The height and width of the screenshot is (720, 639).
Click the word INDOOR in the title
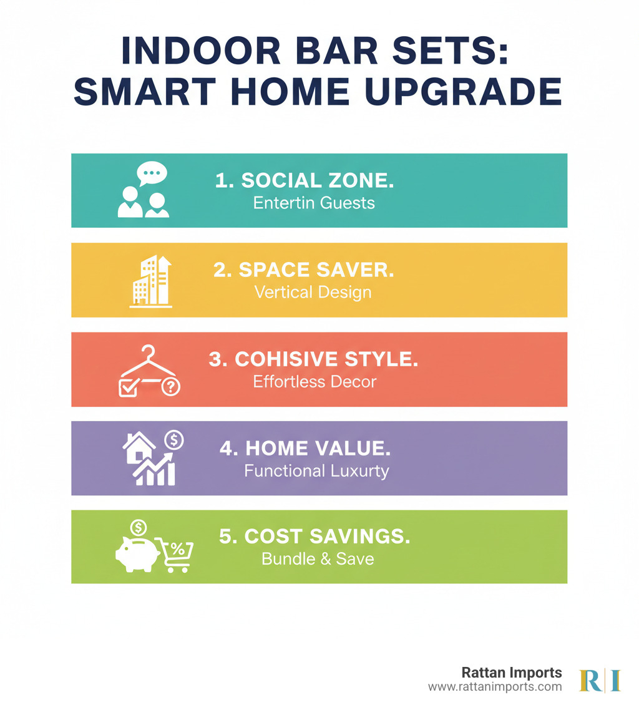201,51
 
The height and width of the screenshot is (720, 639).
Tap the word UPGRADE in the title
464,91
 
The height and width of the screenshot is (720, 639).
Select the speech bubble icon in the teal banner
152,173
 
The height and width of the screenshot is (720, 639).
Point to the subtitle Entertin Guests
314,203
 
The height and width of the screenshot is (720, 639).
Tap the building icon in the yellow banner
150,281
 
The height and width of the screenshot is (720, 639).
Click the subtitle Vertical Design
313,293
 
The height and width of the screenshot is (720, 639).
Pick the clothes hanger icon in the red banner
148,362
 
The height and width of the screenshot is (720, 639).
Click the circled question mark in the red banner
171,387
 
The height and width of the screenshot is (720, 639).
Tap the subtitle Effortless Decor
315,382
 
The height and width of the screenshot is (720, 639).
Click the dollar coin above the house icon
174,440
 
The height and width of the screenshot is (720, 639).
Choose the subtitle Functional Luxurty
316,470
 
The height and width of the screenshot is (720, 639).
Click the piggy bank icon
137,553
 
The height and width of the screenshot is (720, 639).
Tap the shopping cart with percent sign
175,554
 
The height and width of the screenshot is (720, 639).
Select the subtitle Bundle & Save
318,559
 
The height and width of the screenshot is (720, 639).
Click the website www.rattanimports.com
495,687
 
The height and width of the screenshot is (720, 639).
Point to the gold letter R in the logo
590,681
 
